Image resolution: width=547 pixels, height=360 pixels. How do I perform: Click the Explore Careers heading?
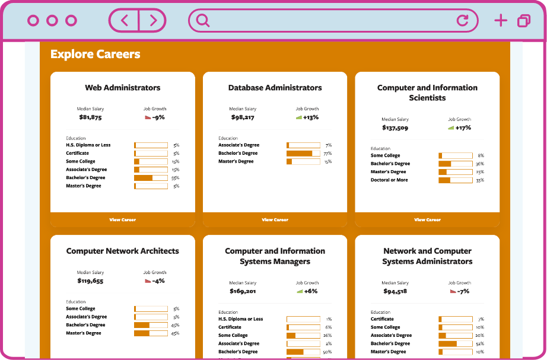(x=95, y=54)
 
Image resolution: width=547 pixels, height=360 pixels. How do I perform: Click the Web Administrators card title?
(x=123, y=88)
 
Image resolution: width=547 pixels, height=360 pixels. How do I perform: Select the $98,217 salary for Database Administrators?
(x=241, y=117)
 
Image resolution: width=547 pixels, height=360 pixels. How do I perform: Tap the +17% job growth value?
(x=463, y=128)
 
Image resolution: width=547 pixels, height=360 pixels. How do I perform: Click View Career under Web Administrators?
(x=123, y=219)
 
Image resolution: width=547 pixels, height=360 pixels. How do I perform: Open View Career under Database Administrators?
(x=275, y=219)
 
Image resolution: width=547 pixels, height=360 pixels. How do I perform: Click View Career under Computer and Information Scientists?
(x=427, y=219)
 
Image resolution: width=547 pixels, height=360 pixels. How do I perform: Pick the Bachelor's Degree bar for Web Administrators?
(x=151, y=178)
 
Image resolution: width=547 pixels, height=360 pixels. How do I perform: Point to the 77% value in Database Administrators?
(x=327, y=153)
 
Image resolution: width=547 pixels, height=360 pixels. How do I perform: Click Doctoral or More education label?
(x=389, y=180)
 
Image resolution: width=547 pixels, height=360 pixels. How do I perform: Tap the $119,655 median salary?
(x=90, y=281)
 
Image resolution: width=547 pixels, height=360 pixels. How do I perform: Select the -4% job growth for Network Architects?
(x=158, y=281)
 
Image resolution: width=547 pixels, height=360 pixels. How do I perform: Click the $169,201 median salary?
(x=242, y=291)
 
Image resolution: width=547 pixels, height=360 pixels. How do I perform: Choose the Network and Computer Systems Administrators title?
(x=427, y=256)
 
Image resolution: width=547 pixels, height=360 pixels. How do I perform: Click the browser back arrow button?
(x=124, y=21)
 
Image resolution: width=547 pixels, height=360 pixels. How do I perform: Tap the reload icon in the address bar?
(x=462, y=21)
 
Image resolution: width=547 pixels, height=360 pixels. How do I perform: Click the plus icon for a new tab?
(x=501, y=21)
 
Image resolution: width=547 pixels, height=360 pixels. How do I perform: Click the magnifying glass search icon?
(x=203, y=21)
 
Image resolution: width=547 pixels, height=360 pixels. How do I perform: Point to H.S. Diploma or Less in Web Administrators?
(x=88, y=145)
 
